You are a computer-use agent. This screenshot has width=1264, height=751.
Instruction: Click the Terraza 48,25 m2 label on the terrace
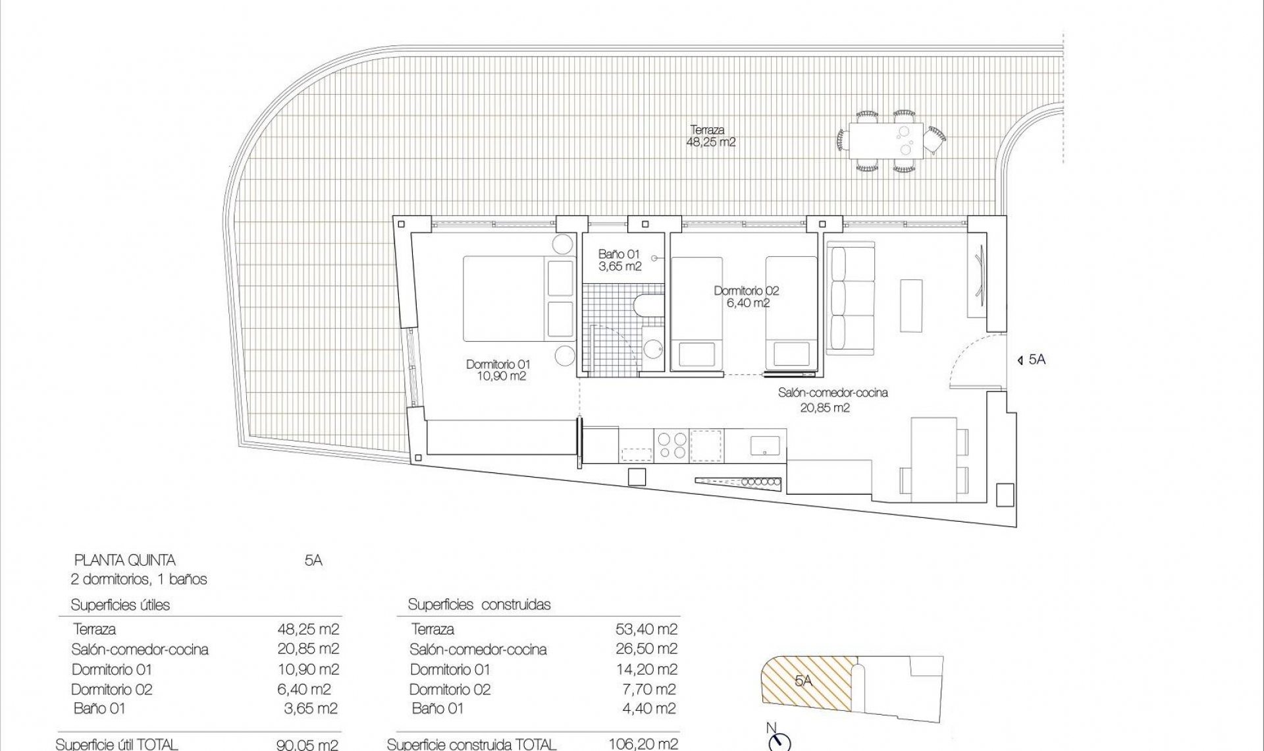coord(710,136)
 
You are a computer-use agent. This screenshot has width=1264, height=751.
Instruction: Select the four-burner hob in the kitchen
coord(671,445)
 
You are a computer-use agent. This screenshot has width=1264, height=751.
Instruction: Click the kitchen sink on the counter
coord(765,446)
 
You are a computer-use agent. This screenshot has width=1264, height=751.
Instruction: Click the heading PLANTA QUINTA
coord(124,561)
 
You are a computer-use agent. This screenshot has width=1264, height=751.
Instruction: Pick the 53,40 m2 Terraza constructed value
coord(646,629)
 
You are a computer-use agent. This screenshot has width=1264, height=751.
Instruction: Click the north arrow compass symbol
coord(779,741)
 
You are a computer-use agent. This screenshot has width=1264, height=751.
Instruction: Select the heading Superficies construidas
coord(479,604)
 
